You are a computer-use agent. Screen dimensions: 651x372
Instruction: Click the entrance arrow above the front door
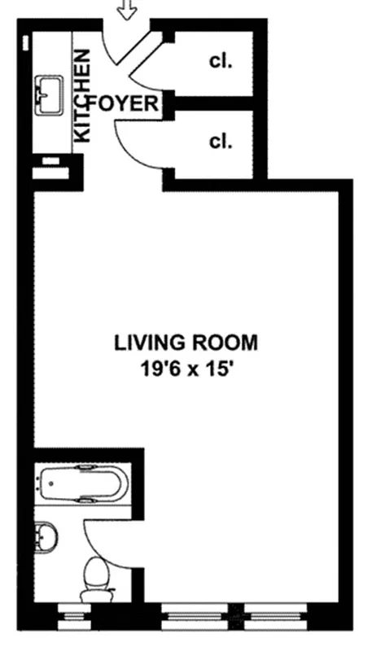point(127,11)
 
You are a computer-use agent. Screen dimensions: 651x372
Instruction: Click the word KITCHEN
point(83,97)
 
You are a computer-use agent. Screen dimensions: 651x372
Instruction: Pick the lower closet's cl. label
point(221,141)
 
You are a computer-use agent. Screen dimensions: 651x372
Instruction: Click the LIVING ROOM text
point(186,342)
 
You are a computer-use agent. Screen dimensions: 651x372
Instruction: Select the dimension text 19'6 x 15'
point(186,368)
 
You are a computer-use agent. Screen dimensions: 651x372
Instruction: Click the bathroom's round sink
point(46,537)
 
